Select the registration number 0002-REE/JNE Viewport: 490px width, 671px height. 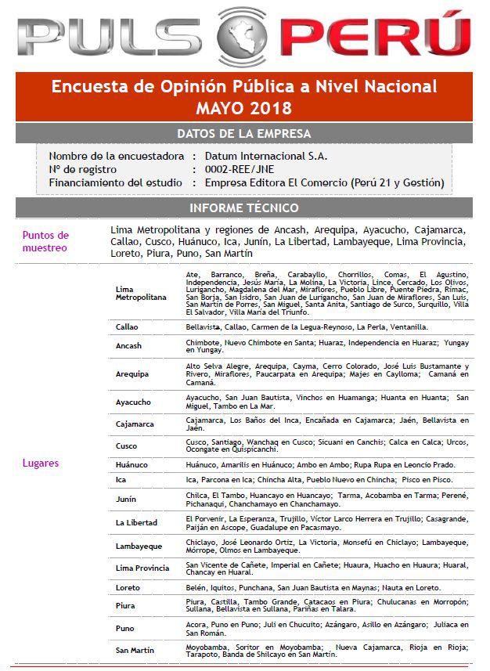[240, 169]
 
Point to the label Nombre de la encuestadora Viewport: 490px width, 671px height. [117, 156]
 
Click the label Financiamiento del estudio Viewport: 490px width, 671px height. [117, 182]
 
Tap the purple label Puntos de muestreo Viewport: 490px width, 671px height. [46, 241]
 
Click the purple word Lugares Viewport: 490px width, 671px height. [40, 463]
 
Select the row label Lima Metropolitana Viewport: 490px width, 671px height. [141, 293]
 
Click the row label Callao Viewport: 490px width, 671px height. [127, 326]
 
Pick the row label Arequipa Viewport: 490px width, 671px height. [132, 373]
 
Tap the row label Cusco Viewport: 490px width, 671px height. [127, 446]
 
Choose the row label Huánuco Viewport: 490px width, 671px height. [132, 464]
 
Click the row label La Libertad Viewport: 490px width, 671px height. [136, 522]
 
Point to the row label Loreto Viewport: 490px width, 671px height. [128, 587]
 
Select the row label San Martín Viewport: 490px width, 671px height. [135, 650]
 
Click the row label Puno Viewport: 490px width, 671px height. [125, 628]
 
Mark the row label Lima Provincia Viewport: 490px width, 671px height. [142, 568]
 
